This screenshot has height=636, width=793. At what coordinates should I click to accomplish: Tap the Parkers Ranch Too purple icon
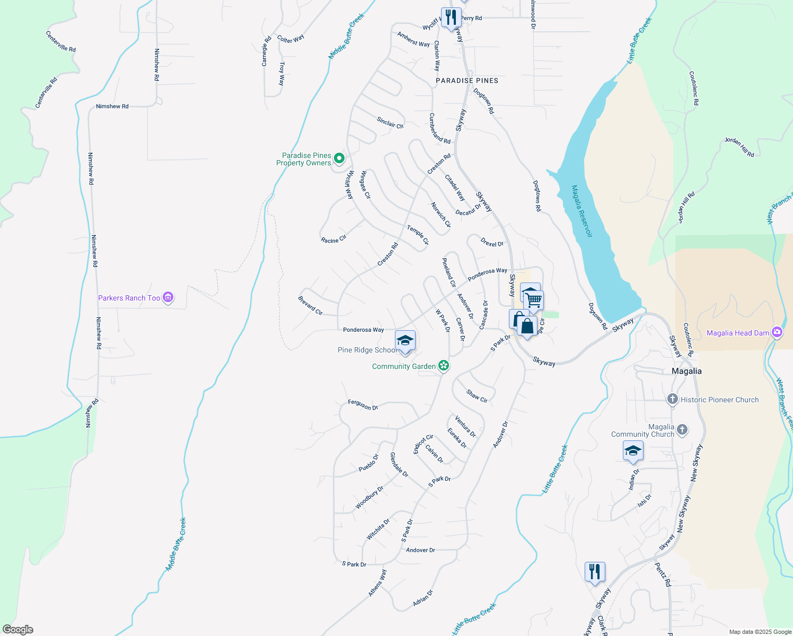click(168, 298)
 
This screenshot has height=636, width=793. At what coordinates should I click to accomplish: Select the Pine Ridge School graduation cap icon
click(405, 340)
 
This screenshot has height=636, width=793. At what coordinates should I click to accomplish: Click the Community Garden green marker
click(444, 366)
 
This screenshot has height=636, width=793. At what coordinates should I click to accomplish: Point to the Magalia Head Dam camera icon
click(777, 332)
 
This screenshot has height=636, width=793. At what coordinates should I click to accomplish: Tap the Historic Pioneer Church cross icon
click(673, 399)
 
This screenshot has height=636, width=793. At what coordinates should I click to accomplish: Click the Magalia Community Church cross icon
click(682, 430)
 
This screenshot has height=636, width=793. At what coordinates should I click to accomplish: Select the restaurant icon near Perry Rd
click(451, 17)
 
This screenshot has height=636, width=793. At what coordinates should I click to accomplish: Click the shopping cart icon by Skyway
click(534, 301)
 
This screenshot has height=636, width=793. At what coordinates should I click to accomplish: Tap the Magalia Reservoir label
click(582, 211)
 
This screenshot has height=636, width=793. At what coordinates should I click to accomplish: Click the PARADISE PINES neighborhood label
click(467, 81)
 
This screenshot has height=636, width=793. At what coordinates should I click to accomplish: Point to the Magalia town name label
click(686, 371)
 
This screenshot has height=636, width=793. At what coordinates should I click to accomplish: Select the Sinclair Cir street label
click(390, 123)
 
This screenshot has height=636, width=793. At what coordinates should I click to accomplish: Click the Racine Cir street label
click(333, 240)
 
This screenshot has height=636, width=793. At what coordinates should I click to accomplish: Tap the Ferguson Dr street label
click(363, 405)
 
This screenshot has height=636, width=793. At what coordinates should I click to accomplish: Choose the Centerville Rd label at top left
click(60, 41)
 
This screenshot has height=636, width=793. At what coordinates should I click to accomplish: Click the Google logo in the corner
click(18, 630)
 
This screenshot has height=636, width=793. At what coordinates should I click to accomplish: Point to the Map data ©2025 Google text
click(760, 632)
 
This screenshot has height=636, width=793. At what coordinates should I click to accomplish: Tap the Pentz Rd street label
click(663, 575)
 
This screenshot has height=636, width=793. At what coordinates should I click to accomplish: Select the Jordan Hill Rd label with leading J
click(739, 147)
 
